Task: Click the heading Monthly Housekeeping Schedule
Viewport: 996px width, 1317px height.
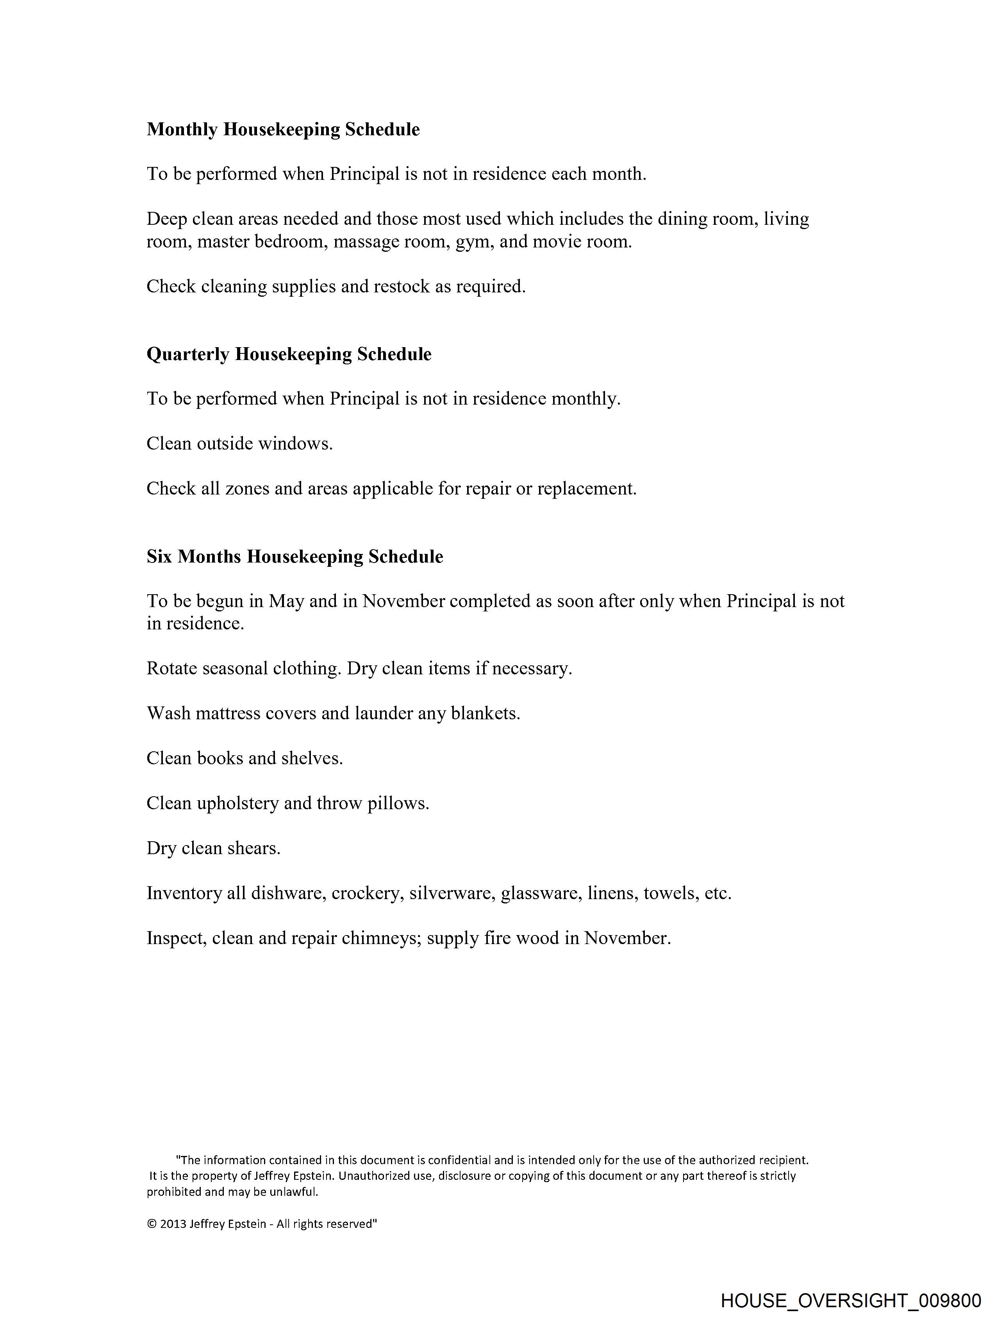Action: point(283,129)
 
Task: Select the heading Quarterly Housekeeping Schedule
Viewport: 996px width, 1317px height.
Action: point(289,354)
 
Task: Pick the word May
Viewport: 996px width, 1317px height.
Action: point(286,601)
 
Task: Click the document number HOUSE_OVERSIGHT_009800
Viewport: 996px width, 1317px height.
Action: point(850,1300)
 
